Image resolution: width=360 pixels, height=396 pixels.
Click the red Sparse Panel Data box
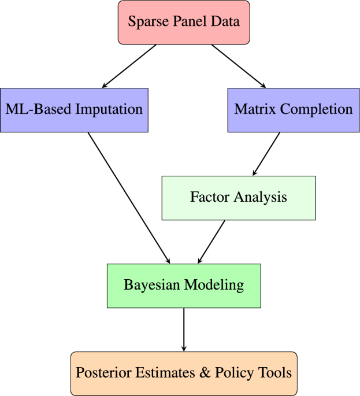(x=184, y=23)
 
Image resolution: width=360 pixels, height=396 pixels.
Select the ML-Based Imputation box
(x=74, y=109)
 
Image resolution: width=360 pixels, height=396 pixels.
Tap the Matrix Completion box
(x=294, y=109)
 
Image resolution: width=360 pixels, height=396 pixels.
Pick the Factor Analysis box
(x=238, y=198)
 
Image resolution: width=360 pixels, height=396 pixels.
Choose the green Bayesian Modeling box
(x=184, y=286)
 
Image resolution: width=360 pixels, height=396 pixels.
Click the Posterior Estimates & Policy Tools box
(x=184, y=373)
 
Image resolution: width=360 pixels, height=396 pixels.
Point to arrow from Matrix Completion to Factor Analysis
(x=266, y=154)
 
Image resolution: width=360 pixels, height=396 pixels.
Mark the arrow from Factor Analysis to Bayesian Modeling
(x=211, y=242)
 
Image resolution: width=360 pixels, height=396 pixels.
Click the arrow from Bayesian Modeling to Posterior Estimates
(x=184, y=330)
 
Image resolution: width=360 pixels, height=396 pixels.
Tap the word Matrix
(x=253, y=109)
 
